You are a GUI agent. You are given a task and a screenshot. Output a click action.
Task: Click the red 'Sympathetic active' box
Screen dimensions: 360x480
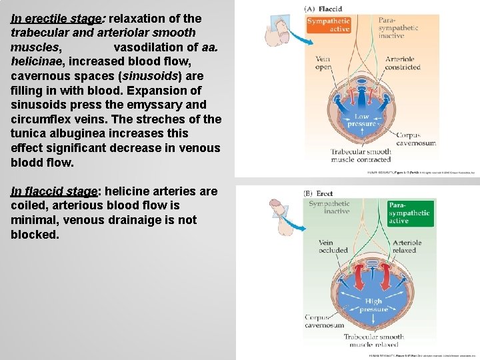point(329,25)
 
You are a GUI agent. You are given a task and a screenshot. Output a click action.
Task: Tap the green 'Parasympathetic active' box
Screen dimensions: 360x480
point(409,212)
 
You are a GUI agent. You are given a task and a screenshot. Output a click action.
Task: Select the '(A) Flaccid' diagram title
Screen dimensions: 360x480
point(323,9)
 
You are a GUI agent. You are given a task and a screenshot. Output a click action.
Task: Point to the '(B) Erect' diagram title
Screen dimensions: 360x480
point(318,193)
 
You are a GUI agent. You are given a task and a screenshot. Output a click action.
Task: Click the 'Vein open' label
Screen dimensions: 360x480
point(323,63)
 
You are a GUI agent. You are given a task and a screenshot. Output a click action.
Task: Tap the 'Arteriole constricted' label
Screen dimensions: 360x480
point(403,63)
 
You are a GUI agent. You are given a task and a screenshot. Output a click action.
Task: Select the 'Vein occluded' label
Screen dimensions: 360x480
point(333,247)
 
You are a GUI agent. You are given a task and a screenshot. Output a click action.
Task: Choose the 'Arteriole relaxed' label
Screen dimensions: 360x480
point(405,247)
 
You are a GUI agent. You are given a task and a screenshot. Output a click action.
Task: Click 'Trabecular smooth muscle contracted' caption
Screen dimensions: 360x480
point(361,156)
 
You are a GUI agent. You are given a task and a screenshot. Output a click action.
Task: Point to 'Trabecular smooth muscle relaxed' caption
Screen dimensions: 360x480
point(373,341)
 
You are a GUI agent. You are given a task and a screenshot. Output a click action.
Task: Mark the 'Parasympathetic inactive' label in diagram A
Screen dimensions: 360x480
point(399,29)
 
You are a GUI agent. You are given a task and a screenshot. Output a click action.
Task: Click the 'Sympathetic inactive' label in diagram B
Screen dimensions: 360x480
point(329,207)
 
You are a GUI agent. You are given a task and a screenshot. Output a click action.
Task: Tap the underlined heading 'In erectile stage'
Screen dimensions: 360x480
point(55,18)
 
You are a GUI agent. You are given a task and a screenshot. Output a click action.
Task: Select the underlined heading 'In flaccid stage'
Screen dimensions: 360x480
point(53,191)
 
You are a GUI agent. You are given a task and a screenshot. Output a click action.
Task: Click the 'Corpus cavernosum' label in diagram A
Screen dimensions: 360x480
point(416,139)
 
